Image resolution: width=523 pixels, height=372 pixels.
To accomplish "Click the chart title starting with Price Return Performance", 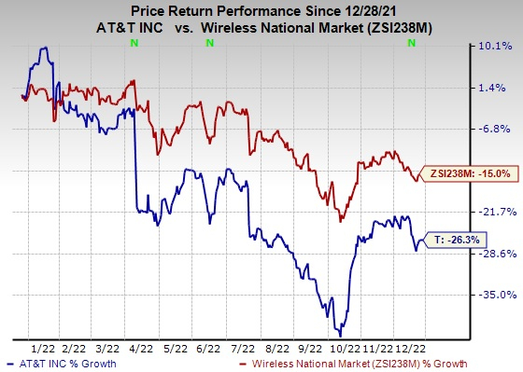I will coord(261,10).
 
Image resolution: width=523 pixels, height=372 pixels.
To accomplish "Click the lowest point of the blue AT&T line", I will coord(341,335).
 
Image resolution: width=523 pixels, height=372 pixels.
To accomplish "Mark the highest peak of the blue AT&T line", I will coord(43,48).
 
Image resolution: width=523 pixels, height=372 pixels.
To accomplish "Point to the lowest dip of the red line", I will coord(341,221).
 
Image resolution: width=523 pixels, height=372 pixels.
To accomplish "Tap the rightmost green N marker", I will coord(412,44).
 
